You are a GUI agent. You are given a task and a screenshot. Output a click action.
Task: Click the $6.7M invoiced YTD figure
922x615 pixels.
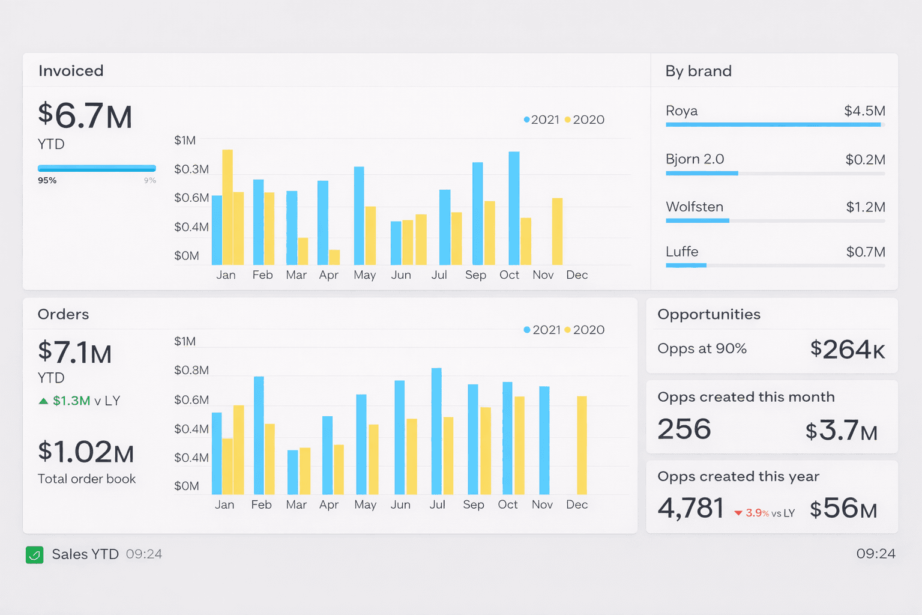point(85,116)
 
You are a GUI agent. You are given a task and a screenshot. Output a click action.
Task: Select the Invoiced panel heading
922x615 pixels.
point(71,71)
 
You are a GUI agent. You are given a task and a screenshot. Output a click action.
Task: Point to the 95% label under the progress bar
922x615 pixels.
point(47,180)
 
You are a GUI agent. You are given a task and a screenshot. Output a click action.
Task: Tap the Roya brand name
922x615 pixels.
point(681,111)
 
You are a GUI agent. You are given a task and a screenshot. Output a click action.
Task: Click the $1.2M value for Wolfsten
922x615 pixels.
point(865,207)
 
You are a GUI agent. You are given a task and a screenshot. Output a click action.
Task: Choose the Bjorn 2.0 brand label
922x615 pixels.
point(695,159)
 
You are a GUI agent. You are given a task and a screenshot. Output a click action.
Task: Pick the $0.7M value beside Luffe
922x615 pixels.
point(865,252)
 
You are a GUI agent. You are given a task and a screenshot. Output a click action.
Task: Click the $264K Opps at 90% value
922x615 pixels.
point(847,350)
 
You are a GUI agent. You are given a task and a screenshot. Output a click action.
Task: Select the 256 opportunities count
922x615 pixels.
point(684,429)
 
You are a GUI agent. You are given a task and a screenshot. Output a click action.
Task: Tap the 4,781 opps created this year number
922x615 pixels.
point(690,509)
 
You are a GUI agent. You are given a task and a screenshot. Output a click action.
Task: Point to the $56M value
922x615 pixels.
point(843,509)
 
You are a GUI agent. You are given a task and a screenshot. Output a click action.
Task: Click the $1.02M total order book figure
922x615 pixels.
point(85,452)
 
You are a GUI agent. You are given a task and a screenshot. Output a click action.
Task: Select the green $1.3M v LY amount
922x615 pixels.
point(71,401)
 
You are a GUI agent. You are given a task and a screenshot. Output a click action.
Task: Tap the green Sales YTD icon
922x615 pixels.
point(35,554)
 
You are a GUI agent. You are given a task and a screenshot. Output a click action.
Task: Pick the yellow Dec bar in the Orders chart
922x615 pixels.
point(582,445)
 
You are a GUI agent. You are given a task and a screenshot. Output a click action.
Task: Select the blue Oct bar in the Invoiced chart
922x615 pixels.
point(514,208)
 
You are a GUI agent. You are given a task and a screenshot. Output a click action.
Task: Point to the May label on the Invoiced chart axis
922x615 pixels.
point(364,275)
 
